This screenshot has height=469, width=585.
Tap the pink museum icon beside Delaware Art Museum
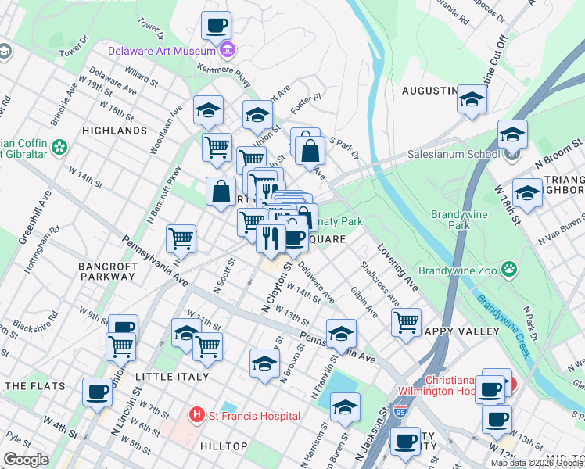227,52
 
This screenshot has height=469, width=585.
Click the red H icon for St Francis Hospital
197,415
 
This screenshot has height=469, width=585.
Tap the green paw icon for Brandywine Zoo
509,270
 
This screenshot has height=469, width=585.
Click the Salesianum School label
453,154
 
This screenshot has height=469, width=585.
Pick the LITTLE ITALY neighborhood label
172,377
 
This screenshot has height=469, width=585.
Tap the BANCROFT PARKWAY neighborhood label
108,271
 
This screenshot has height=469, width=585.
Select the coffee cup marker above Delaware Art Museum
216,25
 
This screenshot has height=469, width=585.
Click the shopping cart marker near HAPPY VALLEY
407,322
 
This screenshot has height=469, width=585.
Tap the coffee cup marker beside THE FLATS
97,392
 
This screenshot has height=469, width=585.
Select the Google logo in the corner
26,460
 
